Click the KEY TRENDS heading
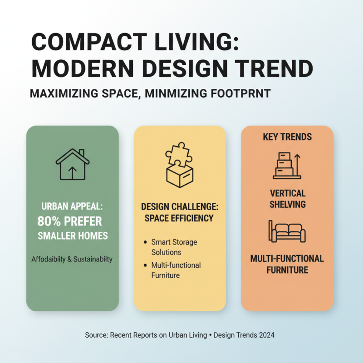287,137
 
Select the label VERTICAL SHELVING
287,199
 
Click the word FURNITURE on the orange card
287,270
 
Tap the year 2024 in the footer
266,335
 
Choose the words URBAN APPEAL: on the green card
73,206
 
